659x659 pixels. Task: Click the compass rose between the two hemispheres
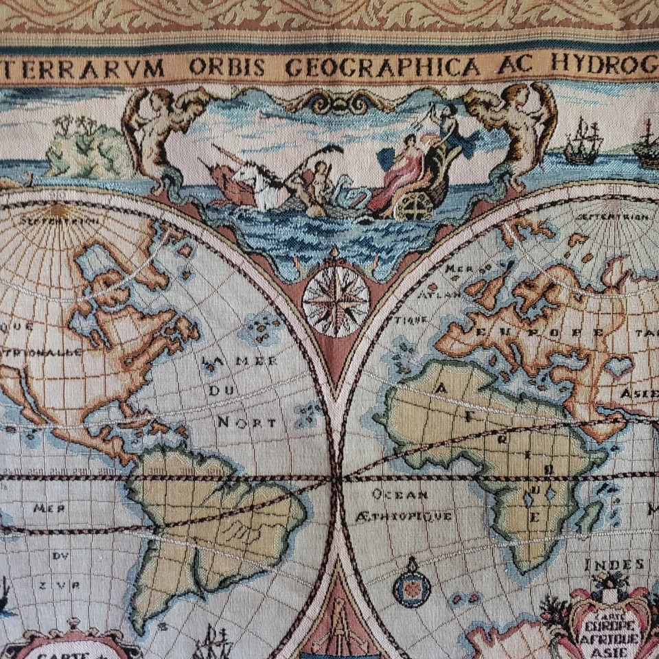[x=336, y=299]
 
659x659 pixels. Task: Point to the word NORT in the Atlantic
[x=248, y=421]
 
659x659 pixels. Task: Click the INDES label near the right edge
[x=615, y=565]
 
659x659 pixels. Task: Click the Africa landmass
[x=494, y=439]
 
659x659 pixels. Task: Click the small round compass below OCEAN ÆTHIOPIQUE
[x=411, y=588]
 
